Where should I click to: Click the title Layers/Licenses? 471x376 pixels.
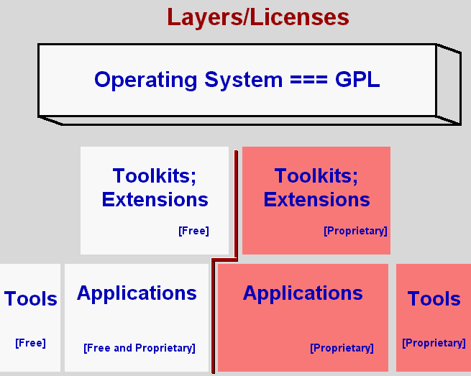click(258, 17)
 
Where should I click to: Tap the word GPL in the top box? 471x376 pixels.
click(357, 79)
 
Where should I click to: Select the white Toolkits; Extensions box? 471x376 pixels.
click(154, 201)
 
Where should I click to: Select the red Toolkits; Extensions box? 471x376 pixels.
click(316, 201)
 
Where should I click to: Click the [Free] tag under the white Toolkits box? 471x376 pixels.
click(193, 231)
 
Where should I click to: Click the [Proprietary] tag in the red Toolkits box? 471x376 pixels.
click(355, 231)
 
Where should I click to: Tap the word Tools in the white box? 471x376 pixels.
click(31, 299)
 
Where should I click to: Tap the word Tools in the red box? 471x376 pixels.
click(434, 299)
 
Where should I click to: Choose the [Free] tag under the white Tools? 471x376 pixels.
click(30, 343)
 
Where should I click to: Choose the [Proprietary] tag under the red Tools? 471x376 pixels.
click(434, 343)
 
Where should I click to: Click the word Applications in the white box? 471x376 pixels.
click(137, 293)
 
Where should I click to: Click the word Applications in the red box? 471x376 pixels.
click(303, 293)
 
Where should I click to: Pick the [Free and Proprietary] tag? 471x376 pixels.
click(139, 348)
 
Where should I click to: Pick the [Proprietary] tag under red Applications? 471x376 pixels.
click(342, 348)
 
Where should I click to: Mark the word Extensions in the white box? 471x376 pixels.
click(155, 199)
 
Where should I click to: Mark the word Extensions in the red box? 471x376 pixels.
click(316, 199)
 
